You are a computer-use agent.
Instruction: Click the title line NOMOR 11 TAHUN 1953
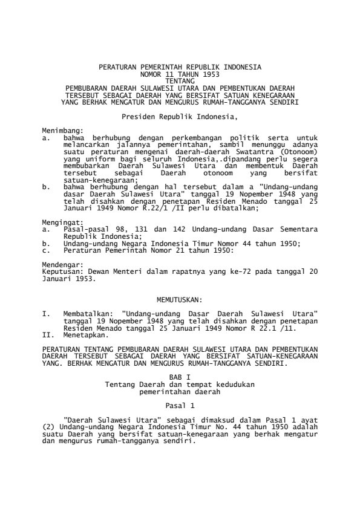(180, 73)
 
